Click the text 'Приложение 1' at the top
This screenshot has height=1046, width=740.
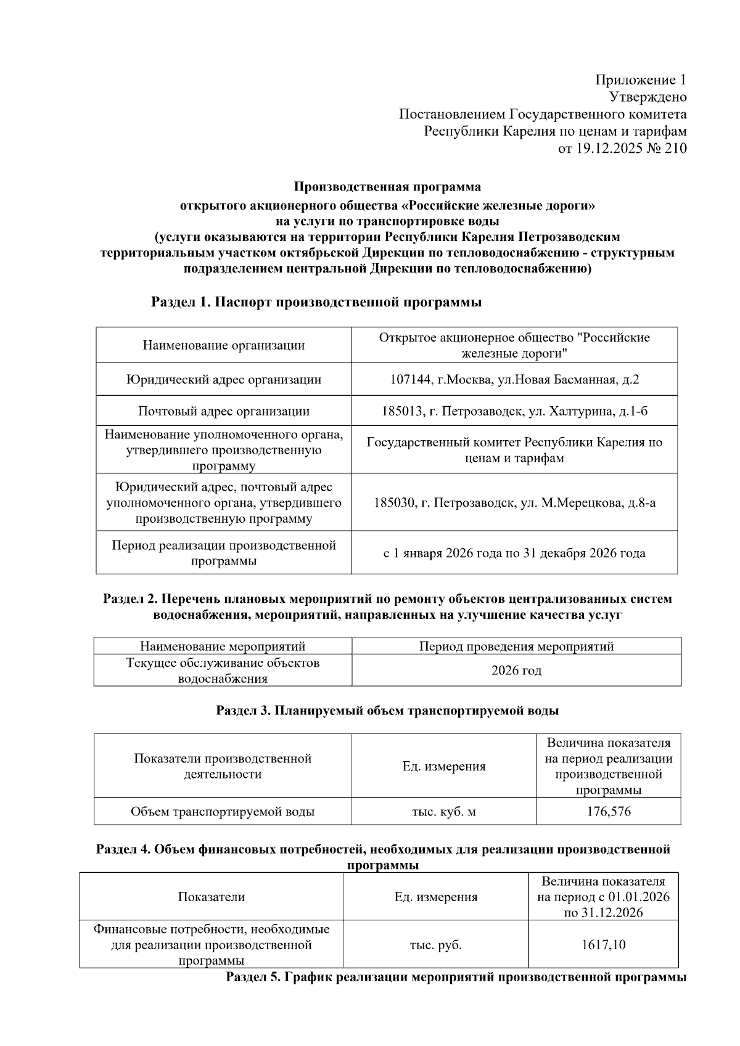[x=640, y=80]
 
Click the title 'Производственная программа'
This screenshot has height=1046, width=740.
[x=387, y=187]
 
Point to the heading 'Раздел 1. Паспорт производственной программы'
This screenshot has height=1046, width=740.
[x=316, y=303]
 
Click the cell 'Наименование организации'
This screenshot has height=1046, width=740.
[x=224, y=345]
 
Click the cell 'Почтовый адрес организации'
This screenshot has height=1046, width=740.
[x=224, y=411]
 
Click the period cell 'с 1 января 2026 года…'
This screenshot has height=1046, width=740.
[x=514, y=554]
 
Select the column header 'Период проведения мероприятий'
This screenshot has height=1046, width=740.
[x=516, y=647]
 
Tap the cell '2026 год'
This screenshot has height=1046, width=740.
[x=516, y=671]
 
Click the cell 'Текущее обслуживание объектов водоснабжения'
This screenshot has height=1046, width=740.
[x=223, y=671]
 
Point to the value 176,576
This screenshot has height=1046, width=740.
[x=609, y=812]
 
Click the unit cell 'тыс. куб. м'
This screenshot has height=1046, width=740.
[x=443, y=812]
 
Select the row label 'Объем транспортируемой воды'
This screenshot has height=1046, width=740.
[x=223, y=812]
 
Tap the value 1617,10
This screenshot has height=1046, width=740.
[x=603, y=944]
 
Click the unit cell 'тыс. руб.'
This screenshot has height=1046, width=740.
[x=435, y=944]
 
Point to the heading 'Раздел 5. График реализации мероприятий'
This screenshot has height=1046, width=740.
[x=456, y=978]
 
